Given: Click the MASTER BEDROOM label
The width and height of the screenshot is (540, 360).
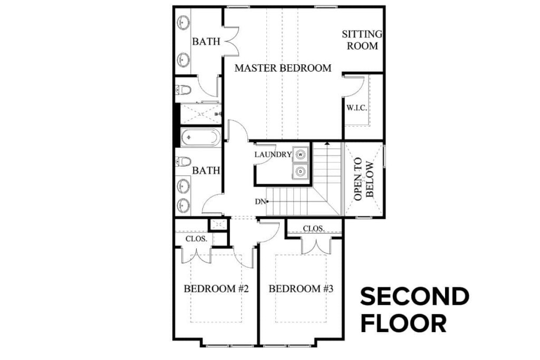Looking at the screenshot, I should click(283, 68).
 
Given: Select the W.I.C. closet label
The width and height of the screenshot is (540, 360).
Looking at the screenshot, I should click(356, 108).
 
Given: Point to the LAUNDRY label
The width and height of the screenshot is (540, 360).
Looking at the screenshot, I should click(273, 154).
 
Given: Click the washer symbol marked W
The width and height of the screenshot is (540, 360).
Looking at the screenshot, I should click(301, 154).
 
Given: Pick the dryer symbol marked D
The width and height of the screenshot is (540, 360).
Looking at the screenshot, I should click(301, 171).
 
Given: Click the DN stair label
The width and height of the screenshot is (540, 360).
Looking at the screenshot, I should click(260, 201).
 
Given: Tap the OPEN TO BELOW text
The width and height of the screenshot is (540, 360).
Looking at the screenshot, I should click(363, 179).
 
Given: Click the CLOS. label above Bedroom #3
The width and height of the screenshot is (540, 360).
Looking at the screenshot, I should click(314, 228).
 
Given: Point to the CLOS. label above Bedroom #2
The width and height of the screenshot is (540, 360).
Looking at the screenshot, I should click(199, 239).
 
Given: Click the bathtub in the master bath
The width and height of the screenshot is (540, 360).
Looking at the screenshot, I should click(199, 138).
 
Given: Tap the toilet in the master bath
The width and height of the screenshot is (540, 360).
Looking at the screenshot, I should click(184, 90).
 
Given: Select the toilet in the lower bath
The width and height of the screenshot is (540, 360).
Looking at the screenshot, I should click(184, 161).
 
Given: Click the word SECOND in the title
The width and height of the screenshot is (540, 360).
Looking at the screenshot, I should click(414, 297).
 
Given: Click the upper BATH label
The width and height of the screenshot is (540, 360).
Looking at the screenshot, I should click(206, 41).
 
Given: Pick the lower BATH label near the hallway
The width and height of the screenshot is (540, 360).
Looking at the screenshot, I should click(206, 171).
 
